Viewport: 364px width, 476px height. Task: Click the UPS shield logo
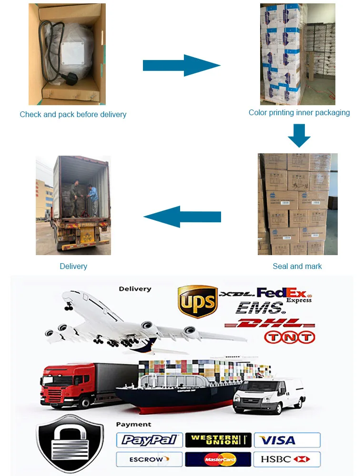tap(198, 301)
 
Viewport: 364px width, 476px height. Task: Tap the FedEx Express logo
tap(284, 294)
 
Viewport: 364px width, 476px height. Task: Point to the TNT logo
tap(290, 337)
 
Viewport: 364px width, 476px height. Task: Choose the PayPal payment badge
tap(149, 440)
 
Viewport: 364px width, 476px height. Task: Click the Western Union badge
tap(218, 440)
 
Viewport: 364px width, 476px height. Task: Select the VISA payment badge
tap(287, 440)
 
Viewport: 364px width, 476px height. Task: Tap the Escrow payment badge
tap(149, 459)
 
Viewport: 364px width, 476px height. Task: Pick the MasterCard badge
tap(218, 459)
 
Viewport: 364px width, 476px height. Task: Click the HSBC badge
tap(287, 459)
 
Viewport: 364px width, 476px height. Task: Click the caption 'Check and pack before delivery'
tap(73, 114)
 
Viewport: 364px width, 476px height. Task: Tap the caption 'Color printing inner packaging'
tap(299, 113)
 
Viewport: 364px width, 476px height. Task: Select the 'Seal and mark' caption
tap(297, 266)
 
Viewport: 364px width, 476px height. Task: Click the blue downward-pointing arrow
tap(299, 135)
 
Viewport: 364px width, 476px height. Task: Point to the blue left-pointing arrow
tap(182, 217)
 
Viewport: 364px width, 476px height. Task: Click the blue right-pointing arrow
tap(182, 65)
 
